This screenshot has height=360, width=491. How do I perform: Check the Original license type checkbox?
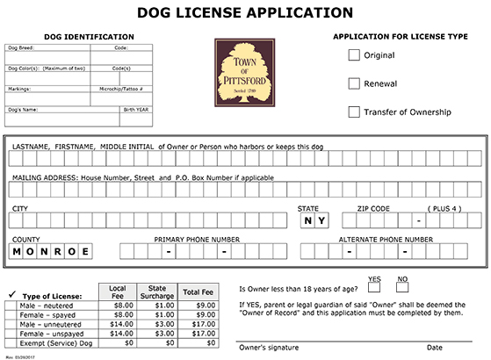pyautogui.click(x=354, y=56)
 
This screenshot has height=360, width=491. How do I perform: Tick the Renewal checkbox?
pyautogui.click(x=354, y=84)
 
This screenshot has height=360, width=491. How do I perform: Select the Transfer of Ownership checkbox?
pyautogui.click(x=354, y=112)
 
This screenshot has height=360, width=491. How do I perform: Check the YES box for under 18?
pyautogui.click(x=373, y=287)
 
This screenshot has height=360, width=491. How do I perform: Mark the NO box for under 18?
pyautogui.click(x=403, y=287)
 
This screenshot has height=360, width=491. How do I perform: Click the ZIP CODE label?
pyautogui.click(x=373, y=207)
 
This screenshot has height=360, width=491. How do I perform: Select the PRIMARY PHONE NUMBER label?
pyautogui.click(x=197, y=239)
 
